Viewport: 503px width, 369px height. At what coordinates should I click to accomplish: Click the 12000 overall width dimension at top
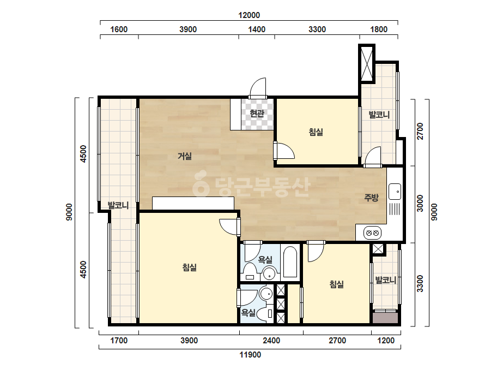pyautogui.click(x=249, y=15)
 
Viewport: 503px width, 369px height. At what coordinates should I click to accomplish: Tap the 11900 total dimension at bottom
pyautogui.click(x=250, y=355)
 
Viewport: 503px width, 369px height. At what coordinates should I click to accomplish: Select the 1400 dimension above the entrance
pyautogui.click(x=257, y=29)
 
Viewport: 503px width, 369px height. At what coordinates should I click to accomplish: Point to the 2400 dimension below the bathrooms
pyautogui.click(x=271, y=341)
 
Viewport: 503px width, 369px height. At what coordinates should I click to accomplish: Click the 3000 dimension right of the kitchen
pyautogui.click(x=420, y=204)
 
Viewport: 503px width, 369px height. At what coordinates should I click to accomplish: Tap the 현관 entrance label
pyautogui.click(x=257, y=113)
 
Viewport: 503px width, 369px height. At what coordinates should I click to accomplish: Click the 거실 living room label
pyautogui.click(x=185, y=156)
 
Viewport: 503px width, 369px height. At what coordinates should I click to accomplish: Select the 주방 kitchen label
pyautogui.click(x=371, y=198)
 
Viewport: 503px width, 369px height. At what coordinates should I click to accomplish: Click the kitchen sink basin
pyautogui.click(x=395, y=192)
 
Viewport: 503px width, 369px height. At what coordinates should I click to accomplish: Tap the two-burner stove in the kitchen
pyautogui.click(x=372, y=233)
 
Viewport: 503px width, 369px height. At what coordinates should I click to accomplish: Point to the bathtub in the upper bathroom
pyautogui.click(x=290, y=261)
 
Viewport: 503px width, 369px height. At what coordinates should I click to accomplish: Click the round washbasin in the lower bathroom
pyautogui.click(x=266, y=294)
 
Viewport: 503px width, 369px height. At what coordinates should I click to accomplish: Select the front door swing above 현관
pyautogui.click(x=258, y=87)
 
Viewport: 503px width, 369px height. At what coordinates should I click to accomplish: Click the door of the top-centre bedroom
pyautogui.click(x=284, y=151)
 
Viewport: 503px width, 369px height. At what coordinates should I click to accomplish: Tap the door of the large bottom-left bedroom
pyautogui.click(x=230, y=227)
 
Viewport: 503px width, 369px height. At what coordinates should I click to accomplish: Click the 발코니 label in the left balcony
pyautogui.click(x=118, y=205)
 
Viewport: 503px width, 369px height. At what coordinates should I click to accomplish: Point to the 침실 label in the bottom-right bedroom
pyautogui.click(x=336, y=284)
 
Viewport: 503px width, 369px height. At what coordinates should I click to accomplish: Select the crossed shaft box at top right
pyautogui.click(x=367, y=64)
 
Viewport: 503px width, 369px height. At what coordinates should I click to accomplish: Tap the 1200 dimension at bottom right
pyautogui.click(x=386, y=341)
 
